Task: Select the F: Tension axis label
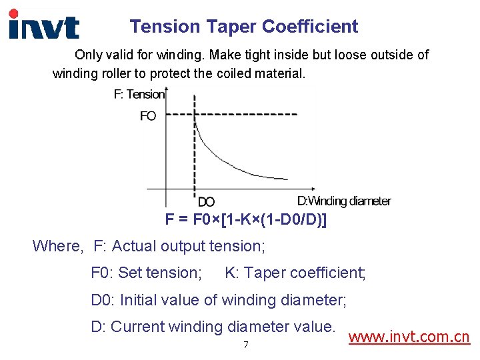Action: (139, 95)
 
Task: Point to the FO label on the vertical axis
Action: (148, 116)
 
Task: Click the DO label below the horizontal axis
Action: (206, 201)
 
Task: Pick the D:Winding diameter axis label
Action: (344, 201)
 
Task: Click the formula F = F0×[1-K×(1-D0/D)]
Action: (246, 219)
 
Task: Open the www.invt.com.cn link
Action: (409, 337)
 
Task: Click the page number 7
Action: (246, 345)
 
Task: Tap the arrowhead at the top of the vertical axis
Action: (165, 89)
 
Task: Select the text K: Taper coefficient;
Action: (295, 273)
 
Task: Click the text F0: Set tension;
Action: (146, 273)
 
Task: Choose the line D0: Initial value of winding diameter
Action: (219, 300)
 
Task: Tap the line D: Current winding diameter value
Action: (213, 327)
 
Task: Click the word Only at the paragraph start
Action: (89, 55)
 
